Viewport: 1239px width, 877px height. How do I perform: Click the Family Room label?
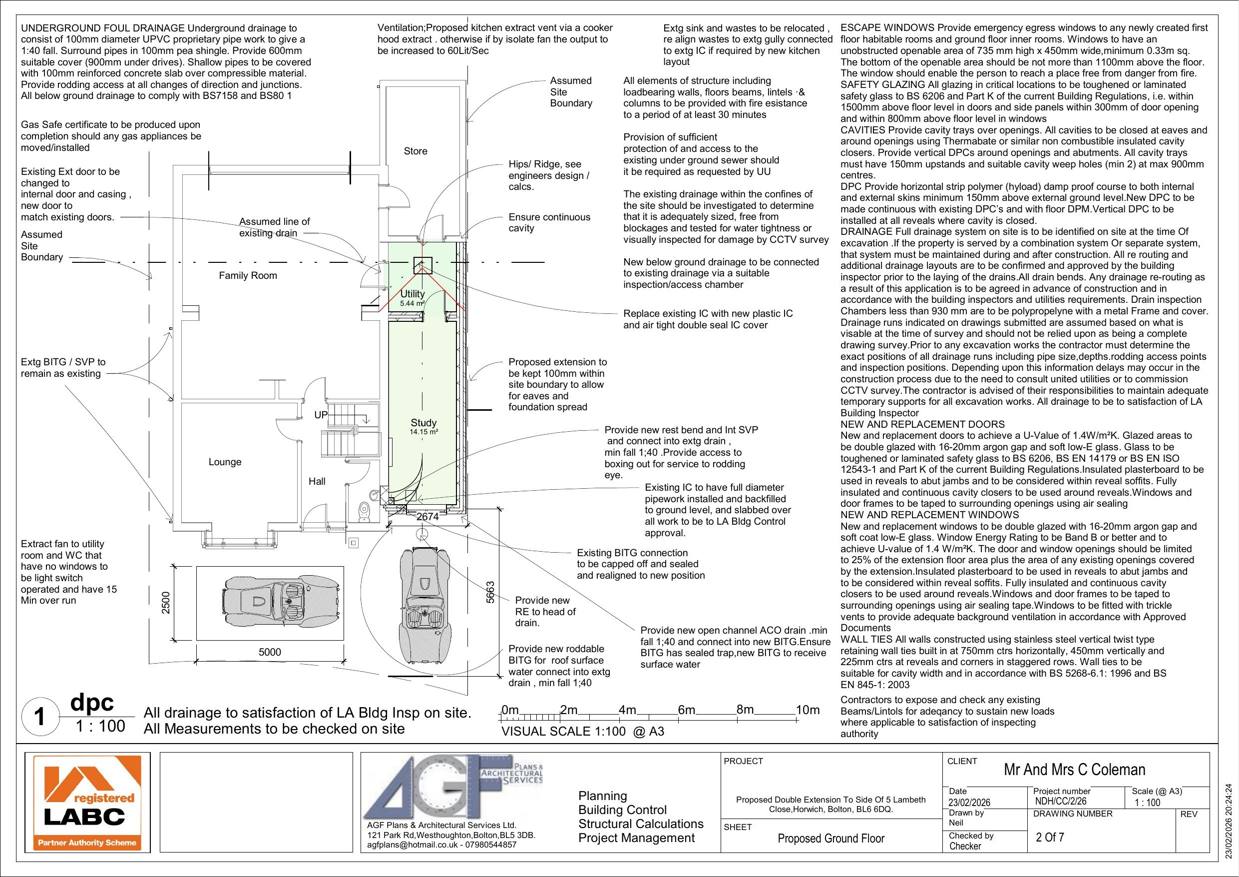[x=248, y=275]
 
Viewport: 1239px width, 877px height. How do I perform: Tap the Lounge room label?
[x=225, y=462]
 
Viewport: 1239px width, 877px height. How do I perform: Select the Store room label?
[x=415, y=151]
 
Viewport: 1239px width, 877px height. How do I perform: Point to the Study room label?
[x=423, y=423]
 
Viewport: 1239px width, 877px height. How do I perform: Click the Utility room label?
[x=413, y=294]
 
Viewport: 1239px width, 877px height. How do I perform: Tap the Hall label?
[x=317, y=481]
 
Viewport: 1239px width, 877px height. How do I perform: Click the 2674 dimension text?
[x=428, y=517]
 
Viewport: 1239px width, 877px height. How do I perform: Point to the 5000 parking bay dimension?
[x=270, y=652]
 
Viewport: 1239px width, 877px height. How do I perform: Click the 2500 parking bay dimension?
[x=166, y=603]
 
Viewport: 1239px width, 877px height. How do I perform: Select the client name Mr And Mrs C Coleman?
[x=1074, y=770]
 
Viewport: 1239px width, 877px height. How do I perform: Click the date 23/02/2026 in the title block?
[x=969, y=803]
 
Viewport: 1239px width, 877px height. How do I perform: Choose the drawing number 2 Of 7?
[x=1050, y=838]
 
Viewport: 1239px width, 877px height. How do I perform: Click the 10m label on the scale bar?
[x=808, y=710]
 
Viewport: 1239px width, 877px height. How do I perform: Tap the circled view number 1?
[x=39, y=717]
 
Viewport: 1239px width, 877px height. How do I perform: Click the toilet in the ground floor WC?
[x=365, y=511]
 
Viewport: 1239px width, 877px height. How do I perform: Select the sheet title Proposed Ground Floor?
[x=831, y=838]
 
